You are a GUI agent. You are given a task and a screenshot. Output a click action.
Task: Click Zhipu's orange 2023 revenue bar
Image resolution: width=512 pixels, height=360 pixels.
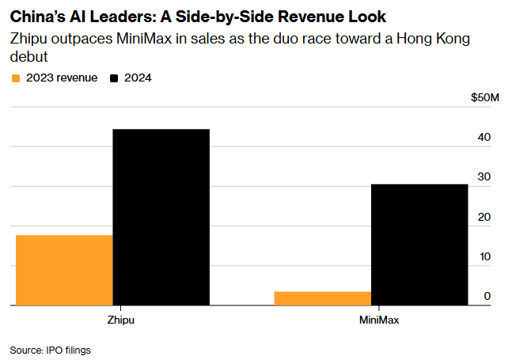point(63,270)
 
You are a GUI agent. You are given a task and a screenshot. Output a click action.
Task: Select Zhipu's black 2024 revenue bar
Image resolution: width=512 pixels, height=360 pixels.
point(161,217)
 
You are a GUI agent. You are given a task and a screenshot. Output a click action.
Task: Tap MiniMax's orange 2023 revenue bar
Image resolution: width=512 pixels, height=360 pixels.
point(322,298)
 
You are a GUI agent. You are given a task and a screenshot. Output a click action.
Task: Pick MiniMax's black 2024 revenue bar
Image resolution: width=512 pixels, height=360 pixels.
point(419,244)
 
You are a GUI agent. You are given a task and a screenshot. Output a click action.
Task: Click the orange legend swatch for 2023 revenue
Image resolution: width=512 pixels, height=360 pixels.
point(16,78)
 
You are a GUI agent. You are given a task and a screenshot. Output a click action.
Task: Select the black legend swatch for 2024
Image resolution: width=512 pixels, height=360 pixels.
point(114,78)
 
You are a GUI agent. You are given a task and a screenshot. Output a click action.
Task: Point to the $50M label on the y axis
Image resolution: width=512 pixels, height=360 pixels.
point(485,98)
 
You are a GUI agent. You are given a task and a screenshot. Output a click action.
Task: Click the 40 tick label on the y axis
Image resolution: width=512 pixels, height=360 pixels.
point(484,138)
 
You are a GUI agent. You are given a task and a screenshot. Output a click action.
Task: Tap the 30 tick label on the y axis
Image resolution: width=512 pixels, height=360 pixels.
point(484,177)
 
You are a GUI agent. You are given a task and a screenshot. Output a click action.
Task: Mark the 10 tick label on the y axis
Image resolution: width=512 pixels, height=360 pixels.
point(484,257)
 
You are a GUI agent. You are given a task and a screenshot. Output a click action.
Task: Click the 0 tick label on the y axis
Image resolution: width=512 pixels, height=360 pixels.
point(487,297)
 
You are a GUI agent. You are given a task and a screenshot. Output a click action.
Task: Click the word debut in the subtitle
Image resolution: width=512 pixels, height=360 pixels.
point(27,57)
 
